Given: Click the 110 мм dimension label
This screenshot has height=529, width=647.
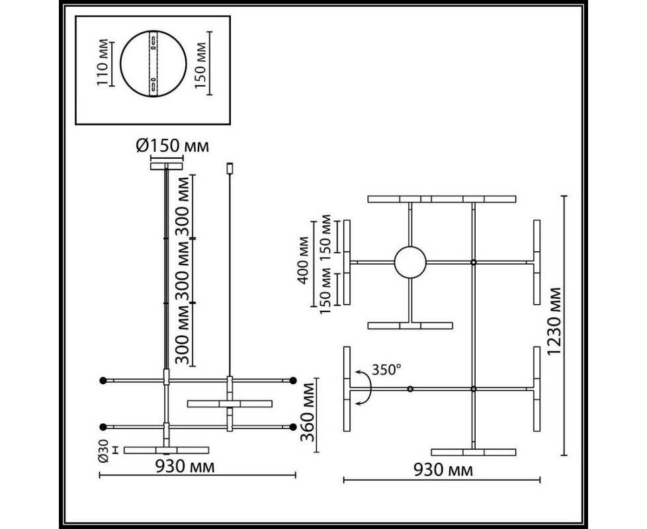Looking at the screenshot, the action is pos(103,63).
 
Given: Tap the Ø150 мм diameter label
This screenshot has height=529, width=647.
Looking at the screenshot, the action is pos(173,145).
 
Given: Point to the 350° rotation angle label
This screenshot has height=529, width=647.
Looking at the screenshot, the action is pos(386,370).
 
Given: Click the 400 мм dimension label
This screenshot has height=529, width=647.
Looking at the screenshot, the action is pos(303,260).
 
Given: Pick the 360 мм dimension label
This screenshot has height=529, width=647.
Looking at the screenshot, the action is pos(308,412).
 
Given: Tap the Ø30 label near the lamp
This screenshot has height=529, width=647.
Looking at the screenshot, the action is pos(104,451).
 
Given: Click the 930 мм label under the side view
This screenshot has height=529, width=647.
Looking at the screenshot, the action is pos(185,466).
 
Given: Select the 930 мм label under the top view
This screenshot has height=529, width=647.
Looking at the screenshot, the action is pos(443,469).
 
